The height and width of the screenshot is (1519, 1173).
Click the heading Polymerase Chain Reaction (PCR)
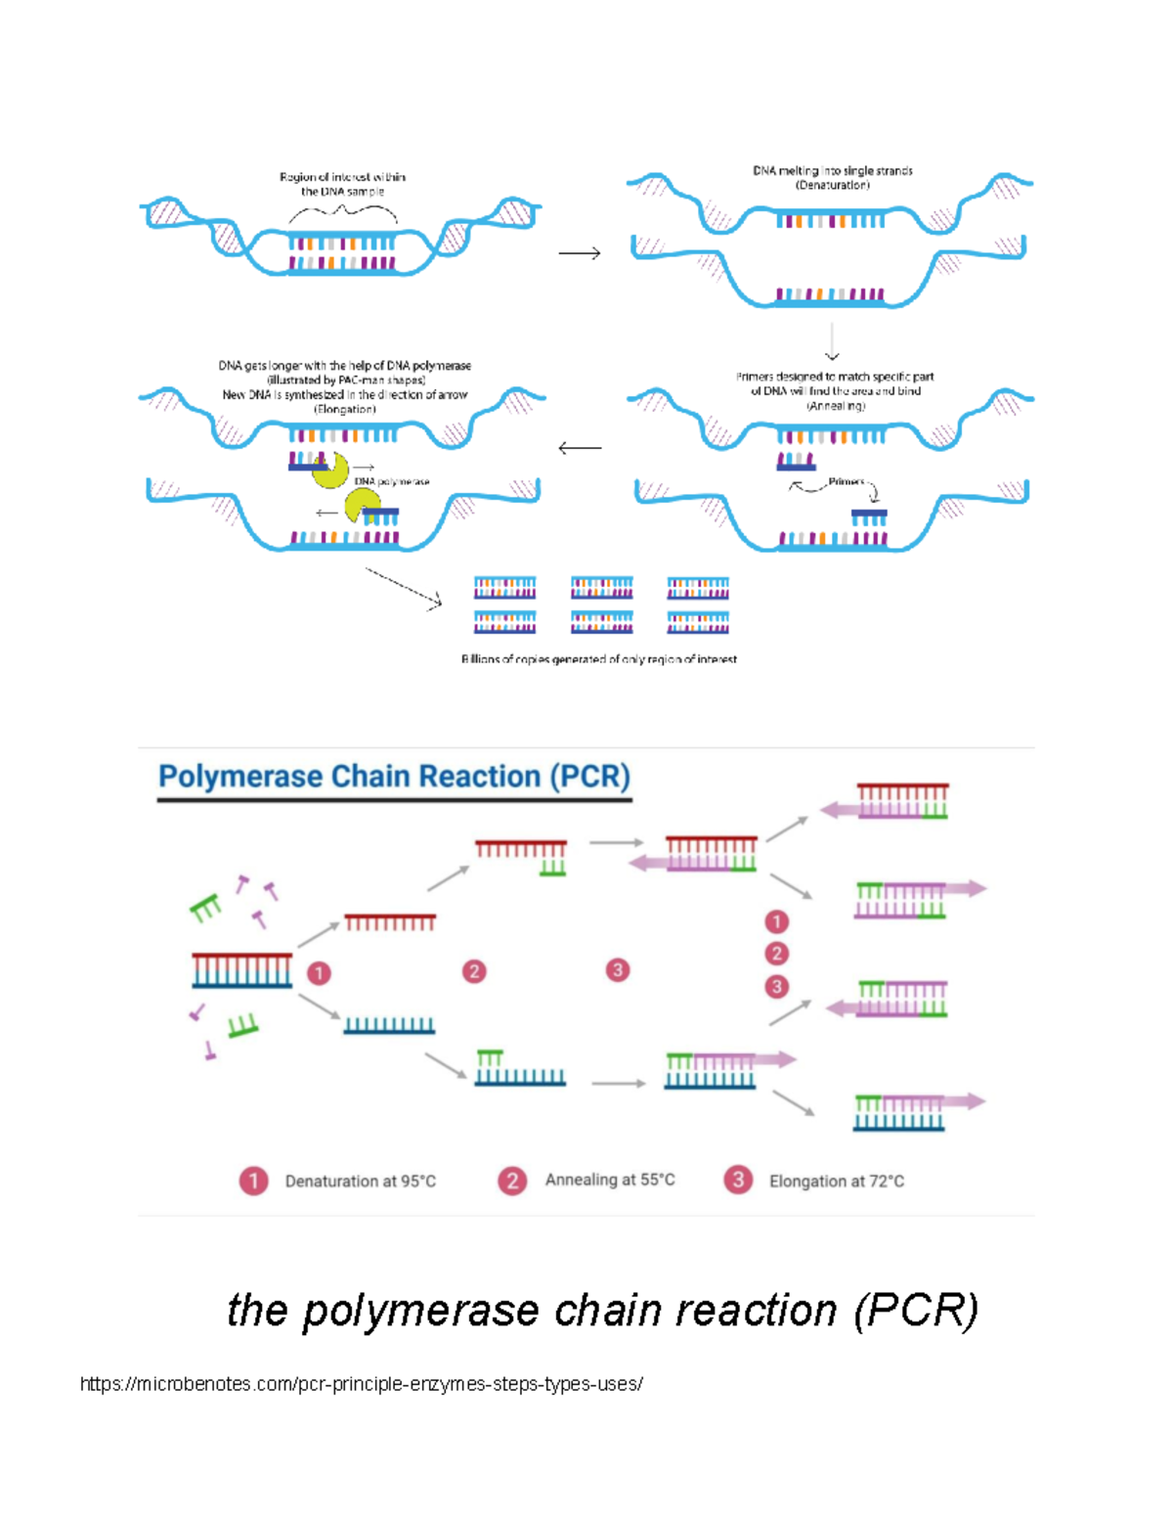point(394,777)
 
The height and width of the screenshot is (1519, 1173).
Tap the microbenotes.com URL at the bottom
point(361,1384)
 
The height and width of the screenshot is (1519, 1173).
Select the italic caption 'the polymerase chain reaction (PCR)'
point(602,1310)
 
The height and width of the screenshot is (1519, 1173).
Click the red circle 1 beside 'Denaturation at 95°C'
point(253,1181)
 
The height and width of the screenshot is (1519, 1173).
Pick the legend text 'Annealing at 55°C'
point(610,1180)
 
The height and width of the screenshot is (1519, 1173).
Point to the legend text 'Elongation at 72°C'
point(836,1182)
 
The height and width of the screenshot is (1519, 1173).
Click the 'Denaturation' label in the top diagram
point(832,185)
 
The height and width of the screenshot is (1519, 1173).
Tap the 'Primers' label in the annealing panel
point(846,481)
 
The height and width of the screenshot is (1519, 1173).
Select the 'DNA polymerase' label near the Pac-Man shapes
point(391,481)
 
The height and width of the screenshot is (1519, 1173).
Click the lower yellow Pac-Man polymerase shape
point(362,506)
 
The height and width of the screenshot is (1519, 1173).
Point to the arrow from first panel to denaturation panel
point(580,253)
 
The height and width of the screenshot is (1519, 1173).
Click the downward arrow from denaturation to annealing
point(832,342)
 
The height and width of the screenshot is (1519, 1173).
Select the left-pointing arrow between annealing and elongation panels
point(580,448)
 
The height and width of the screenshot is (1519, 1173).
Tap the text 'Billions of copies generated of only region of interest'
point(598,659)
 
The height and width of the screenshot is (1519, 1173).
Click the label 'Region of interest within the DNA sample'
point(342,184)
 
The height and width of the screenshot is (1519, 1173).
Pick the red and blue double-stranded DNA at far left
point(241,969)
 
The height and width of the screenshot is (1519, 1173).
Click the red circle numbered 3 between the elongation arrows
point(617,970)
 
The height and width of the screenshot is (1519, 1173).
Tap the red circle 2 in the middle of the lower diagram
point(474,971)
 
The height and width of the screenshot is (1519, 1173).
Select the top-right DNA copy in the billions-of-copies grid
point(698,588)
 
